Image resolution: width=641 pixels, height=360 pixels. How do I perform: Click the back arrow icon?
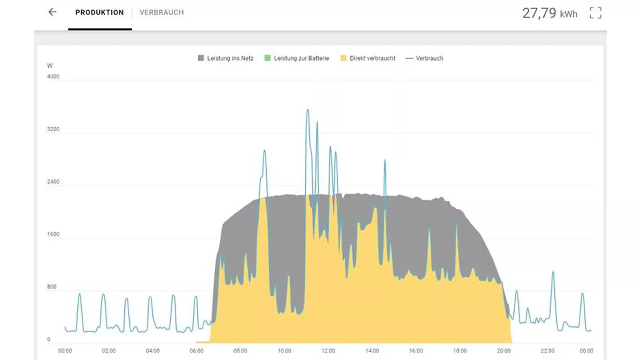click(x=52, y=12)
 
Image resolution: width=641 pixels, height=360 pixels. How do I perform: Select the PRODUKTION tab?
click(x=100, y=12)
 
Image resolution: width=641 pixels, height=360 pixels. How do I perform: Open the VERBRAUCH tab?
click(x=162, y=12)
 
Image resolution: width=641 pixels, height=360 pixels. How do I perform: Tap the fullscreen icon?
click(x=595, y=13)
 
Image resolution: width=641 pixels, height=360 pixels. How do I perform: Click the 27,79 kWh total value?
click(x=550, y=13)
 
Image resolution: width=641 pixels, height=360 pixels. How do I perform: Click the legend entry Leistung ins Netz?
click(x=226, y=58)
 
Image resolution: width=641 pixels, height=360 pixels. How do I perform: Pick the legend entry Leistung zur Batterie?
click(x=297, y=58)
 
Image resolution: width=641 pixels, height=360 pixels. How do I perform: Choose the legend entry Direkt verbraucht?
click(x=368, y=58)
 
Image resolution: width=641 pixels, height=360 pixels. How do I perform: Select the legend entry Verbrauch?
click(x=425, y=58)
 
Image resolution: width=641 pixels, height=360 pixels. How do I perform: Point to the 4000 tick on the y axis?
click(x=53, y=76)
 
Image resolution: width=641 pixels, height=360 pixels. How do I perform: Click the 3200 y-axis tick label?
click(x=53, y=129)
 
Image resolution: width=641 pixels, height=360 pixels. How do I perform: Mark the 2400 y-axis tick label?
click(x=53, y=182)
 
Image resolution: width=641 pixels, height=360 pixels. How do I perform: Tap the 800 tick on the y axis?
click(x=52, y=287)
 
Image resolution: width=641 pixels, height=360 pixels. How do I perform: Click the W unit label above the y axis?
click(x=50, y=66)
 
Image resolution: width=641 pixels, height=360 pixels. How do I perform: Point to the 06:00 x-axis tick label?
click(x=196, y=351)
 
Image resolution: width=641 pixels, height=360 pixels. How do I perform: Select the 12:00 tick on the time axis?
click(x=328, y=351)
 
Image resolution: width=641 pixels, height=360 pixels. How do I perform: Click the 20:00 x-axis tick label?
click(x=503, y=351)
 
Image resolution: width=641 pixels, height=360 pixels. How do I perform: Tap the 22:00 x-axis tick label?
click(x=548, y=351)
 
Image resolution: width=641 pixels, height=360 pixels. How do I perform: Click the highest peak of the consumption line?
click(x=308, y=109)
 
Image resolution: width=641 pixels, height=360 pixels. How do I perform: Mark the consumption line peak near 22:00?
click(x=553, y=272)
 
